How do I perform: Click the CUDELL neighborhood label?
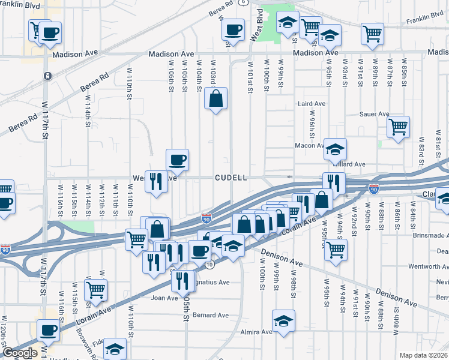pyautogui.click(x=231, y=178)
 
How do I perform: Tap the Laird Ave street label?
pyautogui.click(x=312, y=103)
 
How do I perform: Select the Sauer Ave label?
pyautogui.click(x=375, y=114)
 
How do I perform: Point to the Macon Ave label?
pyautogui.click(x=311, y=145)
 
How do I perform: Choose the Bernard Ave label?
pyautogui.click(x=211, y=315)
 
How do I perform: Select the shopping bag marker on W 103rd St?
pyautogui.click(x=215, y=98)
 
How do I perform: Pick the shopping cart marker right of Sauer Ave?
pyautogui.click(x=398, y=127)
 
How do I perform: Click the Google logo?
pyautogui.click(x=20, y=353)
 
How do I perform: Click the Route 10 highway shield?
pyautogui.click(x=209, y=265)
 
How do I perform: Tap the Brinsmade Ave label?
pyautogui.click(x=431, y=236)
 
